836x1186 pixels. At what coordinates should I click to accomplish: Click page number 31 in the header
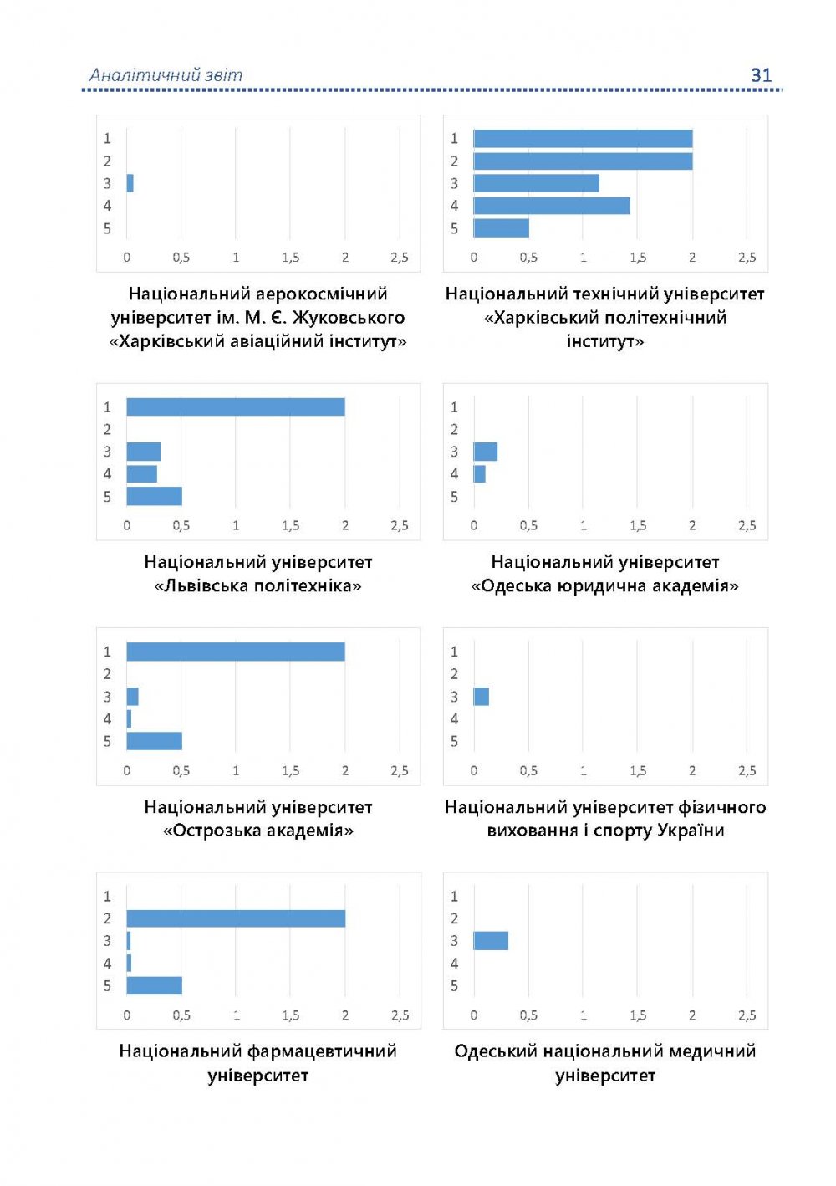[761, 75]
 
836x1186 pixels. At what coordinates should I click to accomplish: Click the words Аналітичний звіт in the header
[166, 75]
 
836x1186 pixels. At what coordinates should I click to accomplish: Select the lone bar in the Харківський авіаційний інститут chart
[130, 183]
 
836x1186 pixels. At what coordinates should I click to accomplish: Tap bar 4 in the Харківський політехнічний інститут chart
[552, 206]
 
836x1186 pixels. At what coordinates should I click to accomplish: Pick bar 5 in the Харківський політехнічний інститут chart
[502, 227]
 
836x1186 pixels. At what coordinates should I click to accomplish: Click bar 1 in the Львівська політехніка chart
[236, 407]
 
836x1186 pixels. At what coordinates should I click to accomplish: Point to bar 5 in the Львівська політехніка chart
[155, 496]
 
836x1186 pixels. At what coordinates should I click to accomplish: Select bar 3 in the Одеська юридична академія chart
[486, 452]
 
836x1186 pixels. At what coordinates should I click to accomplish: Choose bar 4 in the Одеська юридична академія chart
[480, 474]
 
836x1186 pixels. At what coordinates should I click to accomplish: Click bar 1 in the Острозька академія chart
[236, 652]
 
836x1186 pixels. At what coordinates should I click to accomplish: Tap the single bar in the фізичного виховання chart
[482, 696]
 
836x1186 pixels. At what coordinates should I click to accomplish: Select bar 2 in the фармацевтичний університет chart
[236, 918]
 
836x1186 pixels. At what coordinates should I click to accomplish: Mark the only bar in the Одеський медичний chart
[491, 941]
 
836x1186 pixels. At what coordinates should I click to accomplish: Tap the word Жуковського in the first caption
[349, 318]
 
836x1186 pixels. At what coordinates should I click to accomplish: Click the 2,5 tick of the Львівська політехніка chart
[400, 526]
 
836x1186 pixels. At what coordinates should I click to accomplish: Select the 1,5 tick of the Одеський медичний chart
[638, 1015]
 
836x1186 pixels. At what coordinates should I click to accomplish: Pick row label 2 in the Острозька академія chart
[107, 674]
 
